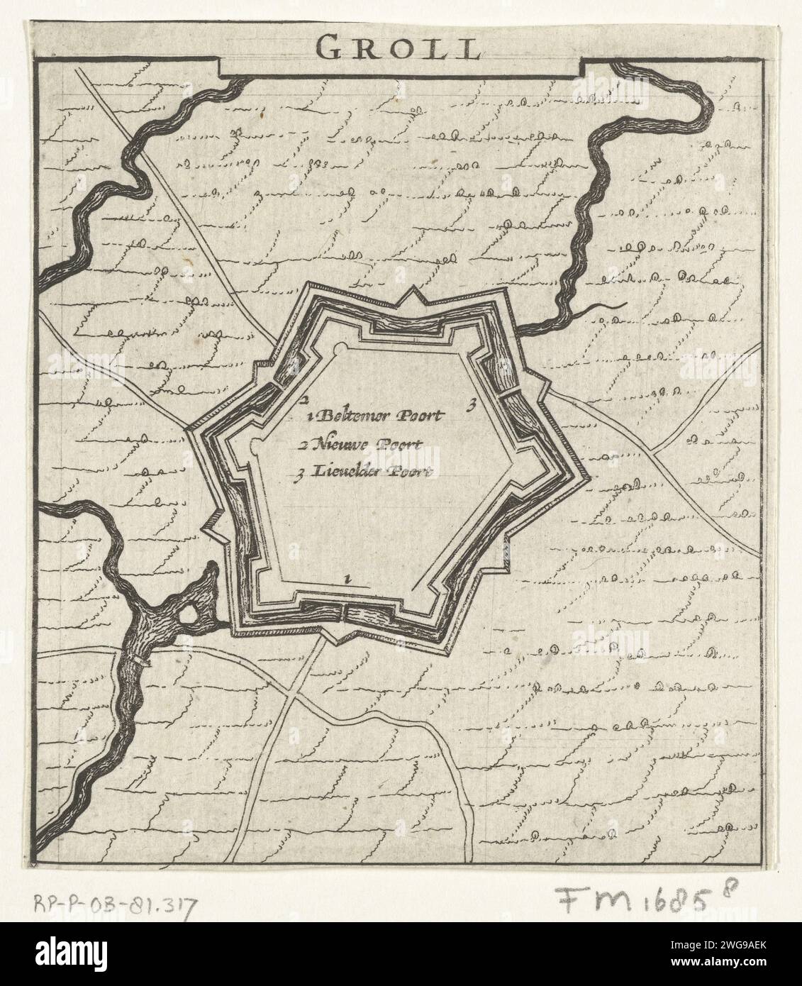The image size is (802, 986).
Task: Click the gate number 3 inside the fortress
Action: [469, 406]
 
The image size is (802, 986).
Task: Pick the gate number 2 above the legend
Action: [303, 399]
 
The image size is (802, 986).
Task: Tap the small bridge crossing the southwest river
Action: [140, 661]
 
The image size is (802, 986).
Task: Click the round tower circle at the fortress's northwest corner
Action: [340, 349]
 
